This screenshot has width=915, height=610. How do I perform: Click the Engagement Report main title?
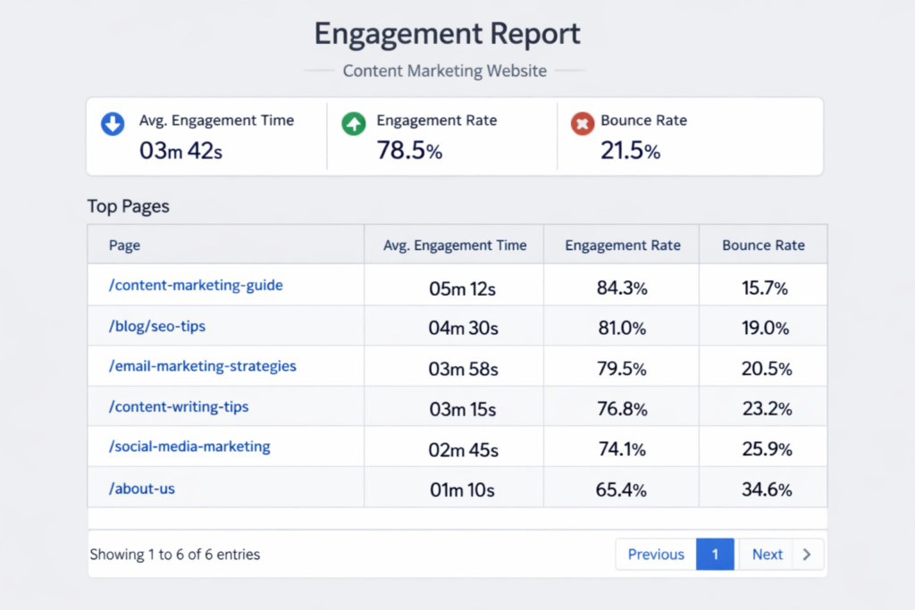coord(447,34)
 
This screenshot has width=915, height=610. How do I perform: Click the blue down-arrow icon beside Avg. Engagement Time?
coord(113,124)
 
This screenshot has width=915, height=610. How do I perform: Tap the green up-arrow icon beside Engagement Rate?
coord(354,124)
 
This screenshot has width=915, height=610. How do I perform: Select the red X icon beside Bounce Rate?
coord(583,124)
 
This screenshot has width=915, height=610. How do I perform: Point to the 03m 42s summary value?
coord(180,151)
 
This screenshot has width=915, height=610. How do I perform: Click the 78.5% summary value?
coord(409,151)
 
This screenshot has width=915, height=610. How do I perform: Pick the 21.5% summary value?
coord(630,151)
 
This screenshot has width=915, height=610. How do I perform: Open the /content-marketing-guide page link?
coord(196,286)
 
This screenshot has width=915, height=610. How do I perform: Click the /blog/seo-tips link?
coord(157,326)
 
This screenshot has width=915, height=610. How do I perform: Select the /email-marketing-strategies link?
coord(203,366)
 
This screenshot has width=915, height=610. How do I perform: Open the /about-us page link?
coord(142,489)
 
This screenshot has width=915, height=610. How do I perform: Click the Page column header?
coord(124,246)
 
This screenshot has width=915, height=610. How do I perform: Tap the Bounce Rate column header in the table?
coord(763,246)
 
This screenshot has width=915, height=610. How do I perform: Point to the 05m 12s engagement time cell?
coord(463,288)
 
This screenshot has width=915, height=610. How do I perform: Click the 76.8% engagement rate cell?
coord(622,409)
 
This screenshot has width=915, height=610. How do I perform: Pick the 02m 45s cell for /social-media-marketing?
coord(463,449)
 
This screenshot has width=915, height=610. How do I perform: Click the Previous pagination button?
coord(656,555)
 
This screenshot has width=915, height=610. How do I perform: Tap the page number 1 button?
coord(715,555)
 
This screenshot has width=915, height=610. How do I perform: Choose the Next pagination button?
coord(768,555)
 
